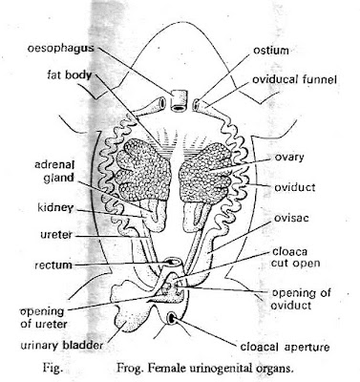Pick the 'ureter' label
click(x=28, y=232)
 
